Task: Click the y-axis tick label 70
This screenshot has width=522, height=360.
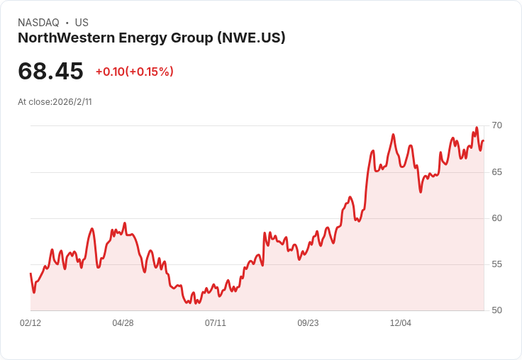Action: point(496,125)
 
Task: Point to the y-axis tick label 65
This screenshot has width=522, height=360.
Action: point(496,172)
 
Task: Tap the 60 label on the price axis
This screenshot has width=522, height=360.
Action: point(496,218)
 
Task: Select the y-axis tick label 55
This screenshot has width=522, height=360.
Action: point(496,264)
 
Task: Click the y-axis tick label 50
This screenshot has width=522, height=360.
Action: point(496,310)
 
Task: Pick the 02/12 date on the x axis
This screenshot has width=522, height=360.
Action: point(30,322)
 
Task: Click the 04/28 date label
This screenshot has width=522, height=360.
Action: point(123,322)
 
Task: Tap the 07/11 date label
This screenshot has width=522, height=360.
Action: point(216,322)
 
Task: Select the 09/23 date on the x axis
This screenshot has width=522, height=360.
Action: point(308,322)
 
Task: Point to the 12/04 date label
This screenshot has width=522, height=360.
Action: point(401,322)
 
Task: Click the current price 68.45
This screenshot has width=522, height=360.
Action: point(50,71)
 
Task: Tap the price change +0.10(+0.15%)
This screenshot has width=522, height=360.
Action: point(135,72)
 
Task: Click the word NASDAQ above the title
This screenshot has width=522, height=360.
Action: point(38,23)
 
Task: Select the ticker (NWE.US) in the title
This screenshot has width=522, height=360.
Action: point(251,38)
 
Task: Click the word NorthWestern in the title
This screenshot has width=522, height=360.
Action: point(67,38)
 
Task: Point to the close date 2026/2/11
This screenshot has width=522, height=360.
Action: point(72,102)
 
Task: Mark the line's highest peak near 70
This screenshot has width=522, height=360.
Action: point(477,128)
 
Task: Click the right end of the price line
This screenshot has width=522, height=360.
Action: point(484,141)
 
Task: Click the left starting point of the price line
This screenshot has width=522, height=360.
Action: point(30,274)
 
